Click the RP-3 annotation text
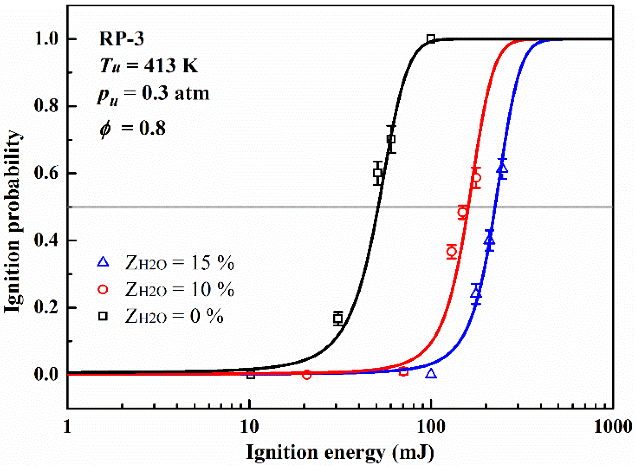(x=121, y=39)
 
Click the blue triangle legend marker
(x=103, y=262)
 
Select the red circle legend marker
(x=103, y=289)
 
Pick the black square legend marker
(x=103, y=316)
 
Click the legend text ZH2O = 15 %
(x=180, y=263)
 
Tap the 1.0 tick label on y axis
(x=46, y=39)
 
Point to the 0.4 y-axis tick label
(x=46, y=240)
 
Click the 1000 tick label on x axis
(x=612, y=427)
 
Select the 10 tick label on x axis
(x=249, y=427)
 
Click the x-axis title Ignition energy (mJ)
(x=340, y=452)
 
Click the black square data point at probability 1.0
(x=431, y=39)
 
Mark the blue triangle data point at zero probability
(x=431, y=374)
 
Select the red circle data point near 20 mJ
(x=307, y=375)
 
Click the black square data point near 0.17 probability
(x=338, y=318)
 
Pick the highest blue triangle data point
(x=502, y=168)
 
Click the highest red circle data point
(x=476, y=178)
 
